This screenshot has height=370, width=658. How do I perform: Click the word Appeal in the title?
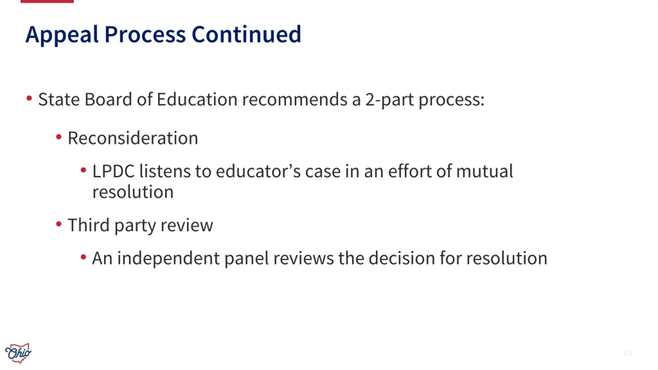click(x=62, y=35)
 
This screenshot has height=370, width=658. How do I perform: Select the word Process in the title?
click(x=145, y=35)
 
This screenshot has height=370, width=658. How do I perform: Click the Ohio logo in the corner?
click(x=18, y=353)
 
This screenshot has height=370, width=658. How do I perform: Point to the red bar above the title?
click(x=47, y=1)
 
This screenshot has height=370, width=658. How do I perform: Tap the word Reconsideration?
click(x=133, y=138)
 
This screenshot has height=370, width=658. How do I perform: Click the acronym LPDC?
click(x=113, y=171)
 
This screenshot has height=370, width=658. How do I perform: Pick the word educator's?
click(x=258, y=171)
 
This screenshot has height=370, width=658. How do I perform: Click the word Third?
click(x=89, y=225)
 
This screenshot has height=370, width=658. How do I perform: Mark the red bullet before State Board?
click(x=29, y=98)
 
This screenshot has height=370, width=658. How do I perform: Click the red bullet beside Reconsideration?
click(x=59, y=137)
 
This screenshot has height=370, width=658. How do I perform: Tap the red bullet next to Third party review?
click(x=59, y=224)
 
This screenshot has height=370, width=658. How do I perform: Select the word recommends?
click(x=295, y=99)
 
